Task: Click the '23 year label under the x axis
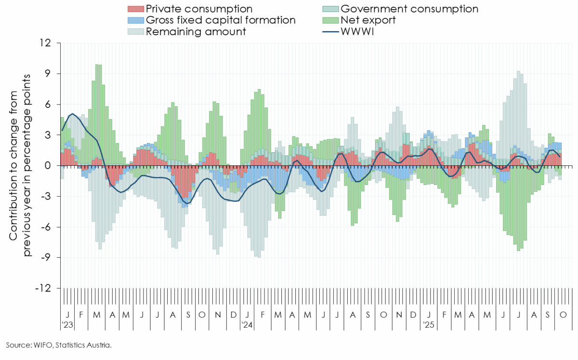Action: click(67, 325)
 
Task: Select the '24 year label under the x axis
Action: click(247, 325)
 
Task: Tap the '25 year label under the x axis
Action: click(428, 325)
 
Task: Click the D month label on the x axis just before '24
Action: click(234, 314)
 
